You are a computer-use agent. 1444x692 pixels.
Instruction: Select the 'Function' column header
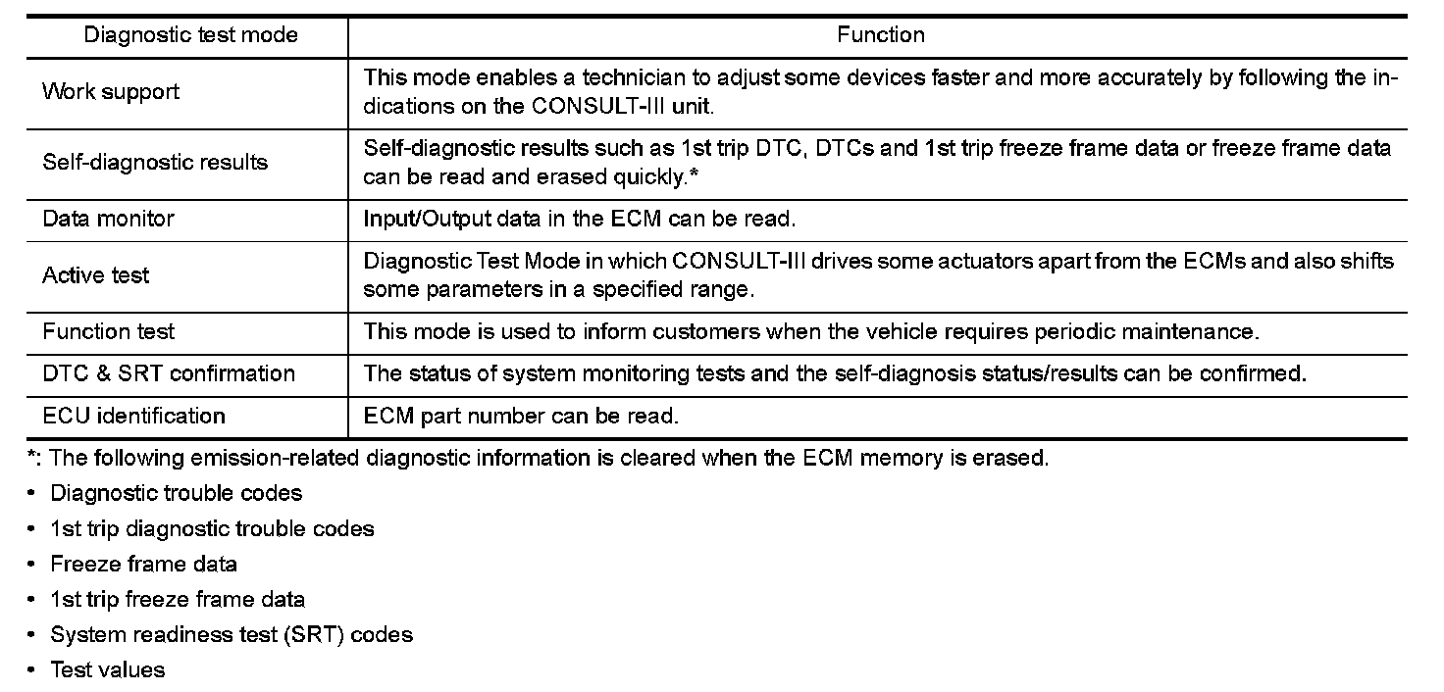[x=880, y=35]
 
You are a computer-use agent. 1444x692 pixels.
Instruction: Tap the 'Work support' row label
[x=111, y=92]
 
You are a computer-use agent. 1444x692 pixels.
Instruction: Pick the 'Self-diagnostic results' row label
[x=155, y=163]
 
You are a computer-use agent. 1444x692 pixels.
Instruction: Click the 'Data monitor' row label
[x=108, y=219]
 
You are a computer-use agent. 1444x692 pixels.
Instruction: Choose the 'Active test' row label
[x=96, y=275]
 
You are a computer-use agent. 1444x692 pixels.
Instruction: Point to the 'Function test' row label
[x=109, y=331]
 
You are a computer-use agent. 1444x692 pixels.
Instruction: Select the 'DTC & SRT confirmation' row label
[x=169, y=373]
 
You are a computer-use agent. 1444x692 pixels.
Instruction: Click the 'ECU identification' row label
[x=133, y=416]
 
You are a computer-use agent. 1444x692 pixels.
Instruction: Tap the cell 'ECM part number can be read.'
[x=521, y=416]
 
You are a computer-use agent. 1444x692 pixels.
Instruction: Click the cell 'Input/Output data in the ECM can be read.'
[x=578, y=219]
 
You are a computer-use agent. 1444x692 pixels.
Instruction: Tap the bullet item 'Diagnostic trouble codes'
[x=177, y=493]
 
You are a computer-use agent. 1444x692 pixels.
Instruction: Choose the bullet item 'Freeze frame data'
[x=144, y=564]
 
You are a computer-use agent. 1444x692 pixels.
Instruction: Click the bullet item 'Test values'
[x=108, y=669]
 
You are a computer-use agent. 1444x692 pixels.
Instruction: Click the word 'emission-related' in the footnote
[x=259, y=458]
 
